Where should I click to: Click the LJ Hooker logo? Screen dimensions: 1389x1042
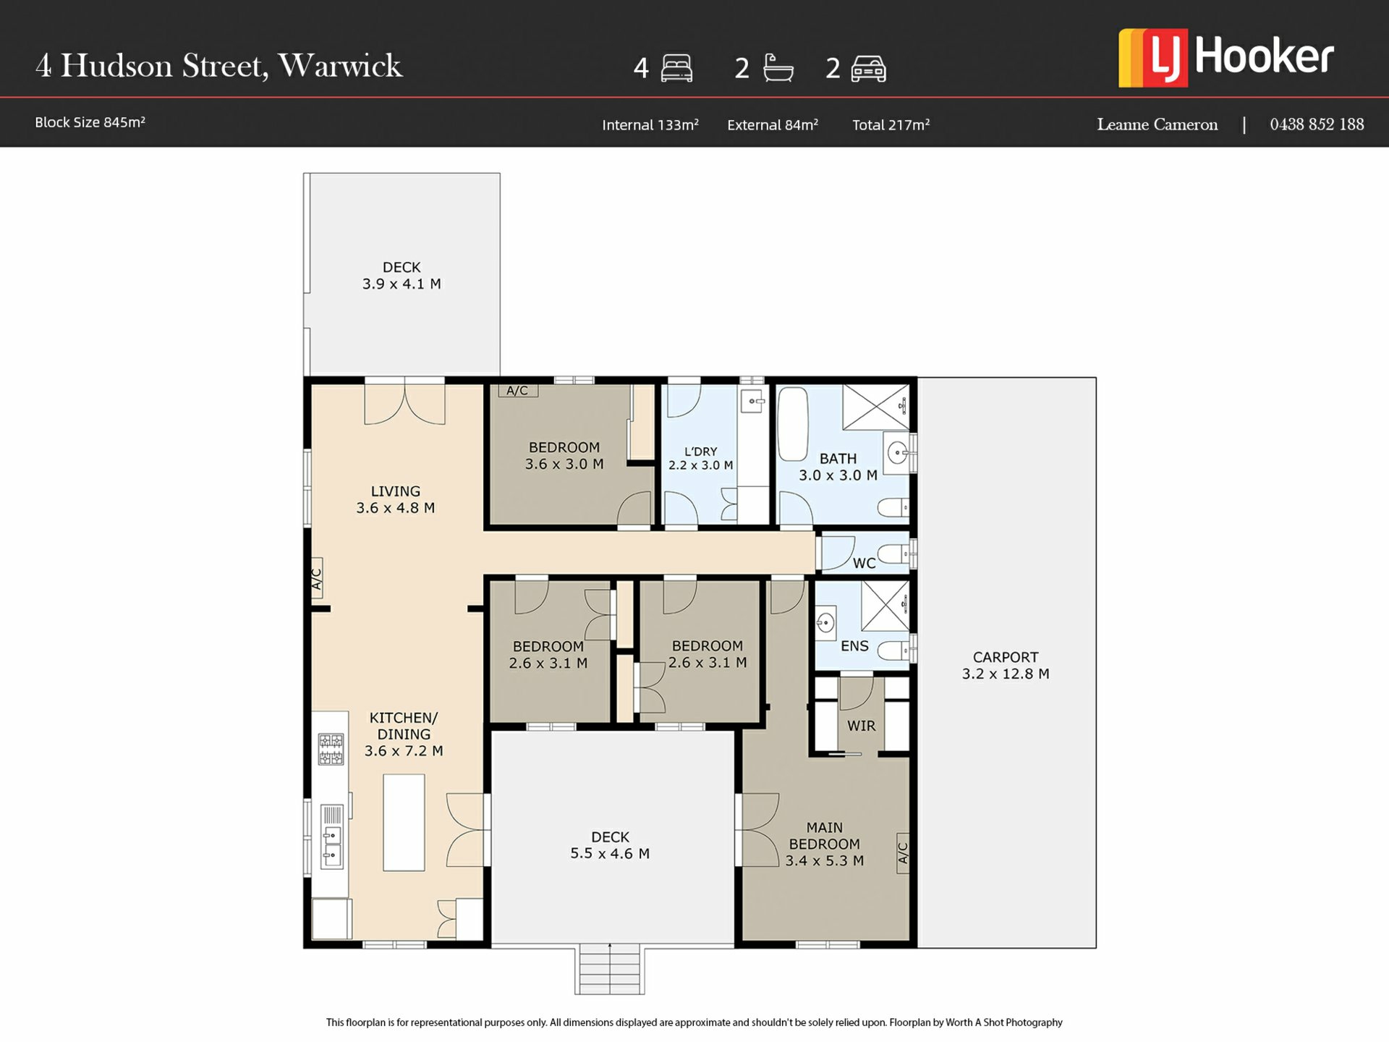tap(1226, 58)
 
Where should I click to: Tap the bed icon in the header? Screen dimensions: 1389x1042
tap(676, 68)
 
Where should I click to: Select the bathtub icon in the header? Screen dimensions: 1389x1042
tap(778, 68)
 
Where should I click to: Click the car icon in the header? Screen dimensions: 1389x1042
tap(868, 69)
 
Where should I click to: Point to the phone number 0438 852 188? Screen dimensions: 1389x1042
tap(1317, 124)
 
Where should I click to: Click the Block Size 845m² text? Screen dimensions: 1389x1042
tap(90, 122)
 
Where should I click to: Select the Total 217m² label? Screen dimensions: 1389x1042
tap(891, 124)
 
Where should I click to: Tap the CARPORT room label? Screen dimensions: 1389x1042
tap(1006, 657)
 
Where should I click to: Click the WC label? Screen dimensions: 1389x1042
tap(864, 563)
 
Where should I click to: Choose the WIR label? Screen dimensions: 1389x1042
tap(861, 726)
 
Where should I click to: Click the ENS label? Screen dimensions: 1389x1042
tap(854, 646)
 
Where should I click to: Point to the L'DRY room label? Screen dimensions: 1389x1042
tap(701, 452)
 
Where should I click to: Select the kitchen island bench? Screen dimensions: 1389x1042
tap(404, 822)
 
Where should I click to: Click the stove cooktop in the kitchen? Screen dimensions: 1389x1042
tap(331, 749)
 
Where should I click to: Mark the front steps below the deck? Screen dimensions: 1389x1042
tap(610, 970)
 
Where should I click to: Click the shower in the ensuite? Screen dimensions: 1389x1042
tap(885, 606)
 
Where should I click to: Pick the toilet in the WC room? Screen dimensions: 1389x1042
tap(894, 554)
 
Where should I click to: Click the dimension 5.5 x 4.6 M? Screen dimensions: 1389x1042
tap(610, 854)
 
